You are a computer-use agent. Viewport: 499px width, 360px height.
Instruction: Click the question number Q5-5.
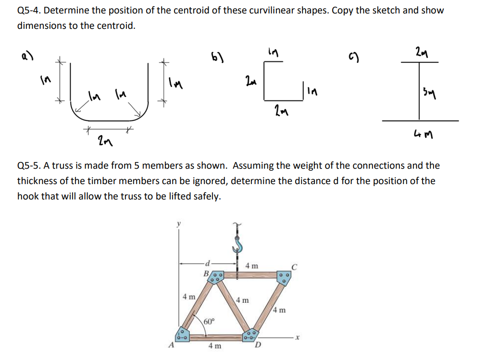[29, 166]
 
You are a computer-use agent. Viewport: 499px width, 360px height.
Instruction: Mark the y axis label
[179, 223]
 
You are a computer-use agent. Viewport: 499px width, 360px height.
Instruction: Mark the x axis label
[298, 338]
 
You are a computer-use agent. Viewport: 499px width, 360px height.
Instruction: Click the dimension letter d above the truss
[207, 262]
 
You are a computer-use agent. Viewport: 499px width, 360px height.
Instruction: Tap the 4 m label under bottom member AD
[215, 346]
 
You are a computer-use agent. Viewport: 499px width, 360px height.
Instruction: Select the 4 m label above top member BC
[251, 265]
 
